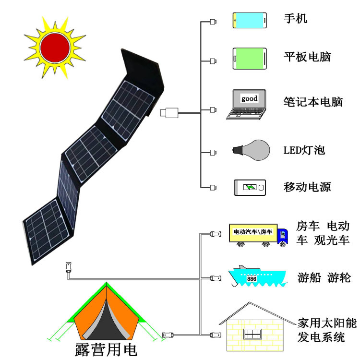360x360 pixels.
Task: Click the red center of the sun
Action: pos(54,46)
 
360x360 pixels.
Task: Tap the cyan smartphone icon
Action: pos(250,20)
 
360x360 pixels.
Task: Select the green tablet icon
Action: pos(250,59)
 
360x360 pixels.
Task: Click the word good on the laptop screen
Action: pos(249,99)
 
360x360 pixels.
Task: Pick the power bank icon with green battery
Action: pos(250,187)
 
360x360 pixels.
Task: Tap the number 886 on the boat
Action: pos(252,278)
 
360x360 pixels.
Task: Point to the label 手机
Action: pos(295,19)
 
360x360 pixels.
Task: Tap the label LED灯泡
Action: pos(304,150)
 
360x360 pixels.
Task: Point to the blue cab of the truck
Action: pos(284,235)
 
